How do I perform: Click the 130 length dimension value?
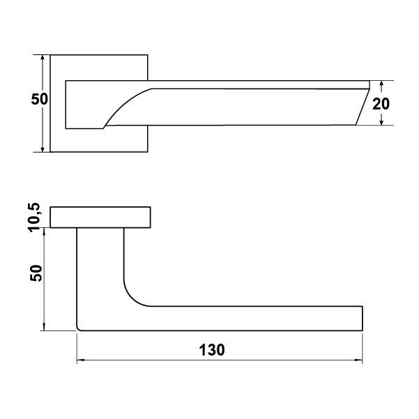click(x=212, y=350)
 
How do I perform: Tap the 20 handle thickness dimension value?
click(x=381, y=104)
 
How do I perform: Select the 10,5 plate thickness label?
click(x=34, y=218)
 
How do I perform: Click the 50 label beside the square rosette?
click(x=39, y=99)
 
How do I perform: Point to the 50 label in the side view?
click(x=36, y=273)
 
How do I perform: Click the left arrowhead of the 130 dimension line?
click(x=80, y=360)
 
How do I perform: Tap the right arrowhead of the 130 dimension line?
click(x=358, y=360)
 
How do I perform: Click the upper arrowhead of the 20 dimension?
click(x=381, y=84)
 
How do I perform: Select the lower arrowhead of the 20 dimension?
click(x=381, y=121)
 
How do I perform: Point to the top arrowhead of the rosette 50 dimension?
click(x=42, y=59)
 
